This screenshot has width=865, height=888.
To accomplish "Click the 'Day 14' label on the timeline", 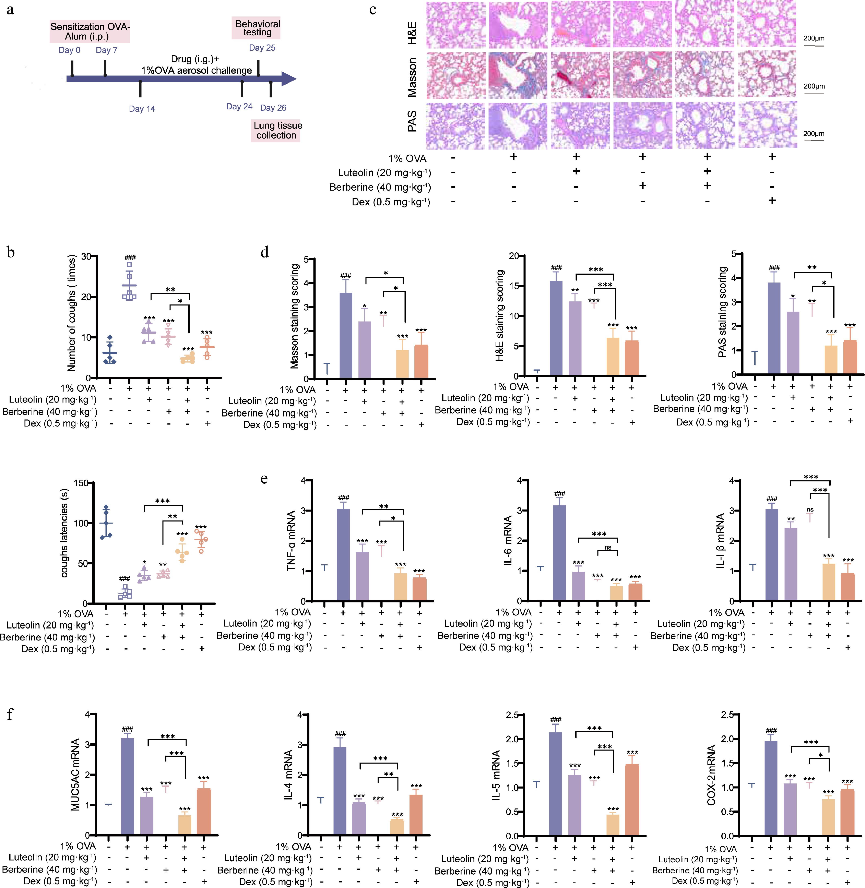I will pos(142,109).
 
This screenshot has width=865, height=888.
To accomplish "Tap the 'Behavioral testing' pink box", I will pos(258,28).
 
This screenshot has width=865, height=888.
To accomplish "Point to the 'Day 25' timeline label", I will pos(262,48).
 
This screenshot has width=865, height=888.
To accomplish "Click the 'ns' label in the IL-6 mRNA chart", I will pos(608,547).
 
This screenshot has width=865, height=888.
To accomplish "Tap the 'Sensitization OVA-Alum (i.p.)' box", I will pos(90,31).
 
